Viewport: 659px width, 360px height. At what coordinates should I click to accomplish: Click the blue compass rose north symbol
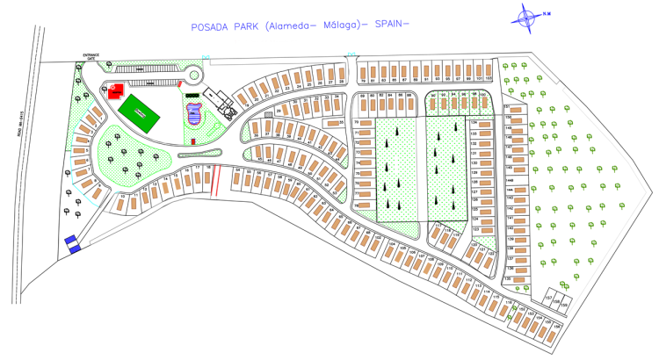(x=526, y=15)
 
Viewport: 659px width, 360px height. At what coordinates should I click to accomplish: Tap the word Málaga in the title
(x=341, y=25)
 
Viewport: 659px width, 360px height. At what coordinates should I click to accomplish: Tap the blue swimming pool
(x=195, y=113)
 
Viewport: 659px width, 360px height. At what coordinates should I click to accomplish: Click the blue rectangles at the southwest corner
(x=72, y=243)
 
